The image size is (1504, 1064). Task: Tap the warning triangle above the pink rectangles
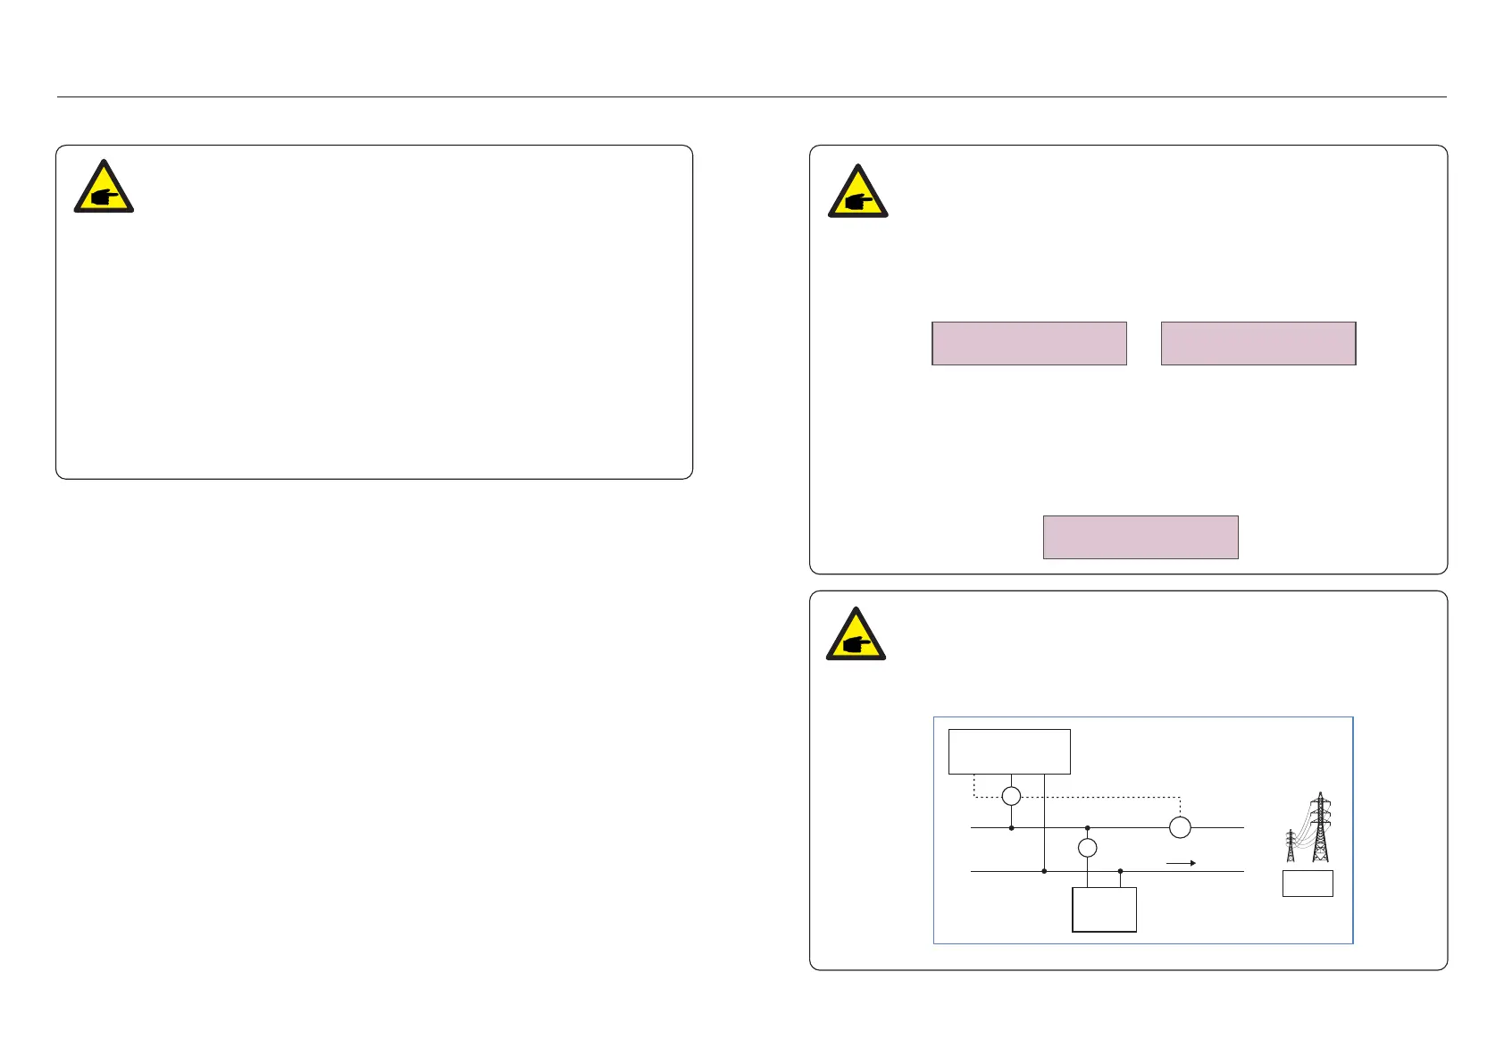[857, 192]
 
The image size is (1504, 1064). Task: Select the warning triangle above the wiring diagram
[856, 634]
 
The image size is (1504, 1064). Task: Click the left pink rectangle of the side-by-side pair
[1029, 343]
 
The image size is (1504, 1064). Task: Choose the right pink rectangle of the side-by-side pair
[1258, 343]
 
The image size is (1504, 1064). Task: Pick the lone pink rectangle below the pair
[1141, 537]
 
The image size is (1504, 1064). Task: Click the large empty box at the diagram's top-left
[1009, 751]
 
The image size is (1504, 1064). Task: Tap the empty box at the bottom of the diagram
[1104, 909]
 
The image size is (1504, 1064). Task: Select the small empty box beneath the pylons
[1308, 884]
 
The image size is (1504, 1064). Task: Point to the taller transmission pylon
[1320, 826]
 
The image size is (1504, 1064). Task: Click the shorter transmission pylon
[1291, 845]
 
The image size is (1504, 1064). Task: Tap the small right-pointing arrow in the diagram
[1181, 863]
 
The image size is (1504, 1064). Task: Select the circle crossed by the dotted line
[1011, 796]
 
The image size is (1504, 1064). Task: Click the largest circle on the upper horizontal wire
[1180, 827]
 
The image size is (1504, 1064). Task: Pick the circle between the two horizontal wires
[1087, 848]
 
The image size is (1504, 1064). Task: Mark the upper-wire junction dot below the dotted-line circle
[1011, 828]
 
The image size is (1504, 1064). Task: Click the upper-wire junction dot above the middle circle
[1087, 828]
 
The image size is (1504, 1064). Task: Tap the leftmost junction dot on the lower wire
[1044, 871]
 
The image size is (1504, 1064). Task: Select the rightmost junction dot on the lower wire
[1120, 871]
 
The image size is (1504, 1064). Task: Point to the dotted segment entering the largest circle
[1180, 807]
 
